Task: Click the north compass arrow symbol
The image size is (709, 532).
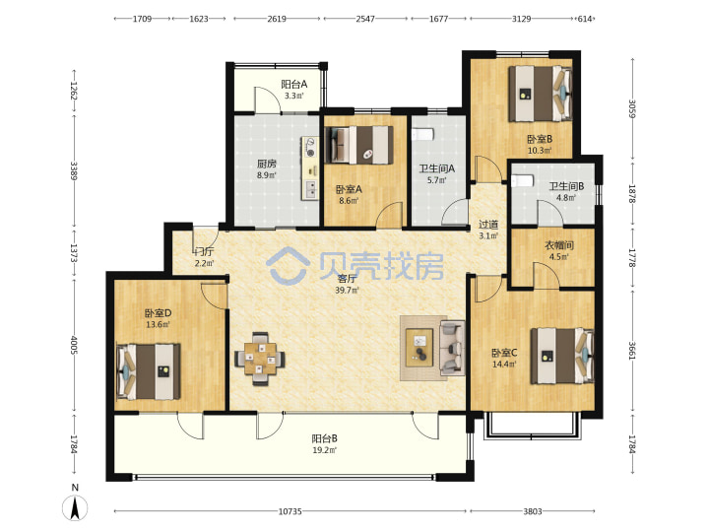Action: (x=75, y=507)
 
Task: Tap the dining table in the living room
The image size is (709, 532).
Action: (x=260, y=360)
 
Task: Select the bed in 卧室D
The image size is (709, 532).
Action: (x=149, y=371)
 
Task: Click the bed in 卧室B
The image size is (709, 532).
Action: (x=540, y=94)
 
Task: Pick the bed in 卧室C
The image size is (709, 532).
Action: (x=562, y=356)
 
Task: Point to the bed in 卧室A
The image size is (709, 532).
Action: (x=359, y=145)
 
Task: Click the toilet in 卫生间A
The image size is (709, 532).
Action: (x=422, y=134)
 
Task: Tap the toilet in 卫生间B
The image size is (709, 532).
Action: (x=522, y=180)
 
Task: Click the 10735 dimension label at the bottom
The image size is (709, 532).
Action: (x=290, y=511)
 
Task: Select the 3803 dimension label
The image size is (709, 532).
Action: (x=533, y=511)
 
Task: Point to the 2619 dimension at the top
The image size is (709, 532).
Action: (x=277, y=19)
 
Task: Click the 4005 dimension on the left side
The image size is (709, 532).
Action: (x=74, y=345)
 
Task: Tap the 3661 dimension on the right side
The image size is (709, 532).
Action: (x=632, y=350)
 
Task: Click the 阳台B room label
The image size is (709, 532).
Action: (x=325, y=438)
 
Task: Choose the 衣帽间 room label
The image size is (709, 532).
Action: (x=559, y=245)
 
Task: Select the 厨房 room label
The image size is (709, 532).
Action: (x=267, y=164)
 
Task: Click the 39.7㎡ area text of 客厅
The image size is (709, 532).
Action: (x=348, y=290)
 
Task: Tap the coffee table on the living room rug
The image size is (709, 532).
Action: (x=419, y=348)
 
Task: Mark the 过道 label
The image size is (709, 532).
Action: (x=488, y=224)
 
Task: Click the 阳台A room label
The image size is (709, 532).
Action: (x=294, y=84)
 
